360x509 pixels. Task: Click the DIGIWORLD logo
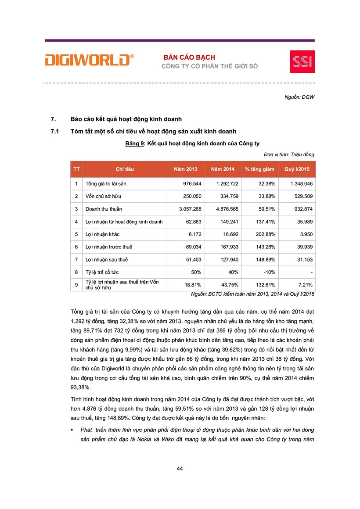click(x=89, y=60)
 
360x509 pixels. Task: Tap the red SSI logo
click(x=302, y=61)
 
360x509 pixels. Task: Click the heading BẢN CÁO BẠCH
click(x=189, y=57)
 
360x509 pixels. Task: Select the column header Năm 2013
click(x=185, y=169)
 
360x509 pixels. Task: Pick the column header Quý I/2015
click(x=297, y=169)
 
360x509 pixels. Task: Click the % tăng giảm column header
click(x=259, y=169)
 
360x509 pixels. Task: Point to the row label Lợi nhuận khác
click(x=102, y=234)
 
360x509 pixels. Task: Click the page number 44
click(x=180, y=469)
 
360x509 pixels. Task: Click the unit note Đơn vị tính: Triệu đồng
click(x=289, y=154)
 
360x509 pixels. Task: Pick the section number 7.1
click(x=55, y=131)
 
